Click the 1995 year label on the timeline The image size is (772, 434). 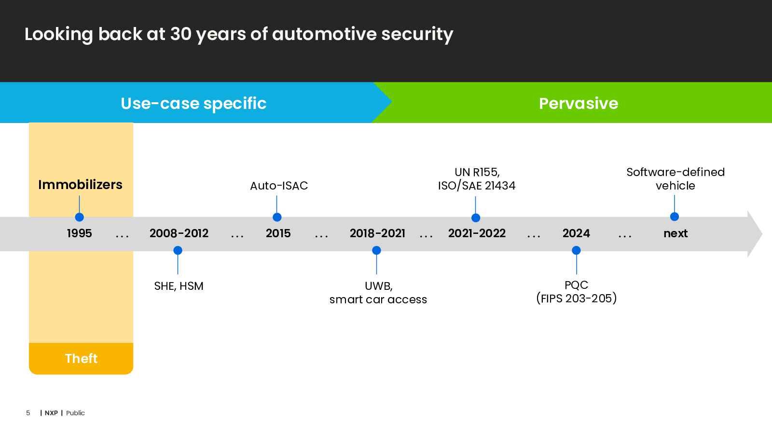79,233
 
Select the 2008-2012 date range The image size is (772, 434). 179,233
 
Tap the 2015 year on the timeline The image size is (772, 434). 278,233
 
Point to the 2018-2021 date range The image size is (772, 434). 377,233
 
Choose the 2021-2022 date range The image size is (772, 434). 477,233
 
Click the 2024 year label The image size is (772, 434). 576,233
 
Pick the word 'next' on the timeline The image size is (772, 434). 675,233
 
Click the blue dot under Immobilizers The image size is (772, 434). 79,217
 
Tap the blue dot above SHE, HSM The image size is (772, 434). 178,250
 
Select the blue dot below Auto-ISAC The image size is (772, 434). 277,217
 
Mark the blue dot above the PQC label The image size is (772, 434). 576,250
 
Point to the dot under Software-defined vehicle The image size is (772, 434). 675,217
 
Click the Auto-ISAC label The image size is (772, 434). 279,186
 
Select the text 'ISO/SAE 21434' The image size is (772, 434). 477,186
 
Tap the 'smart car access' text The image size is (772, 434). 378,299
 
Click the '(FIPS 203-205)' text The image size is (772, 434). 577,298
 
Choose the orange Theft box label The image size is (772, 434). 81,359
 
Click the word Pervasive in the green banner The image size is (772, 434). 579,103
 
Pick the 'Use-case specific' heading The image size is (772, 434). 193,104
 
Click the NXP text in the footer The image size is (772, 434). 51,413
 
